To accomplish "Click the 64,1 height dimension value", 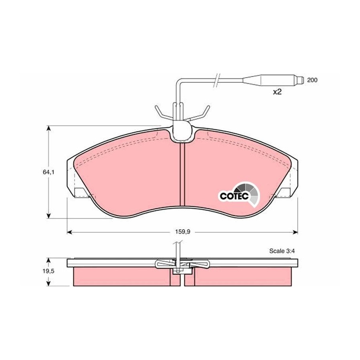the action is pos(48,172).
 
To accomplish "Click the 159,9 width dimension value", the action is pos(183,232).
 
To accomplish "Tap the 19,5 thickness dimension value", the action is pos(48,271).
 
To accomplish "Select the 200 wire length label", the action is pos(312,80).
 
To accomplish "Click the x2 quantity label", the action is pos(277,92).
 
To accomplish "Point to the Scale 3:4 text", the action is pos(282,251).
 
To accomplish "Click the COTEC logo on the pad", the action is pos(239,194).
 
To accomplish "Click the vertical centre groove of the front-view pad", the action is pos(182,174).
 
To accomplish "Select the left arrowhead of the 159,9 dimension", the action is pos(70,232).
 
